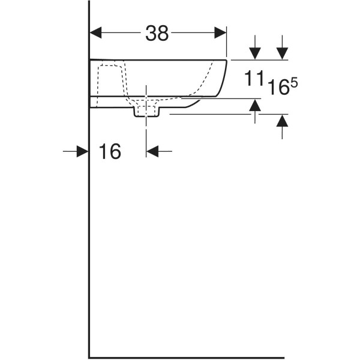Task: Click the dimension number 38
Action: [x=157, y=33]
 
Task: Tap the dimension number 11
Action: [x=253, y=78]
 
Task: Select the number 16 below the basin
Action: [x=110, y=151]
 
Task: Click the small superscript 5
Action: [x=295, y=83]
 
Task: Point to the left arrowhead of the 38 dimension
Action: [x=95, y=32]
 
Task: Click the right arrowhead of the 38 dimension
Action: [x=220, y=32]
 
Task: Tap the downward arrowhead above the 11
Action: [x=255, y=53]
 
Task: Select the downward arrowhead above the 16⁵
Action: [x=282, y=53]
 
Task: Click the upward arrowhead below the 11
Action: [x=255, y=105]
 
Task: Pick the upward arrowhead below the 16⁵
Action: [x=282, y=121]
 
